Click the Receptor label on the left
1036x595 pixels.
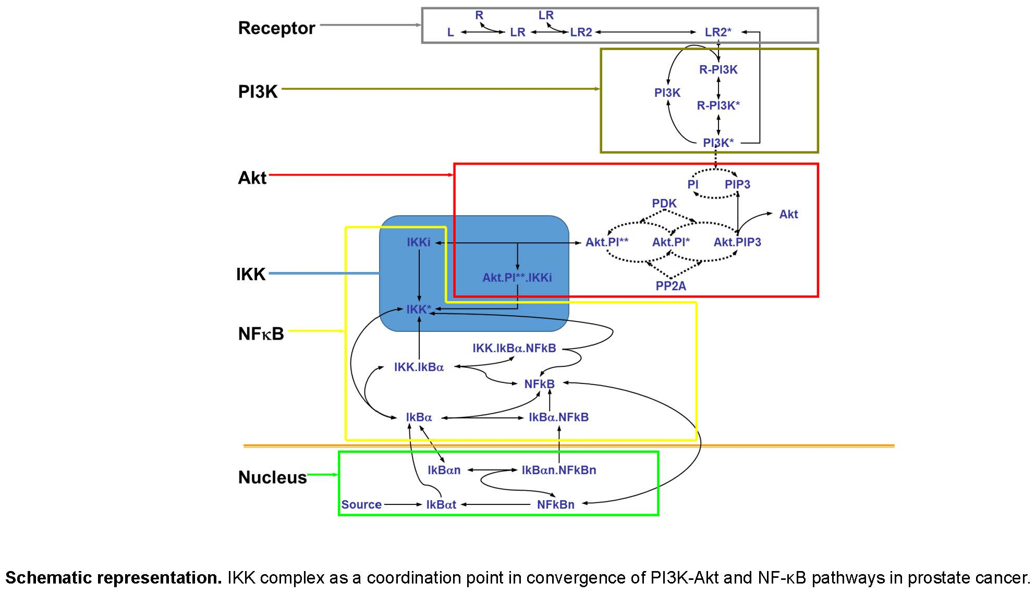point(276,28)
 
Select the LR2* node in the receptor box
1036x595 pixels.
point(717,32)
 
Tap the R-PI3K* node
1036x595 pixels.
point(718,105)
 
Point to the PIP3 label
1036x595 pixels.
point(737,184)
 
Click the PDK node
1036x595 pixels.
point(664,203)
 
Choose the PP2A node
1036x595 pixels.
point(671,286)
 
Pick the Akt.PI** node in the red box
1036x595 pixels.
point(606,242)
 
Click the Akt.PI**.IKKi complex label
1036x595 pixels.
point(517,278)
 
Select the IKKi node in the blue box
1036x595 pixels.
point(418,242)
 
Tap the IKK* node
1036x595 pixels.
point(418,309)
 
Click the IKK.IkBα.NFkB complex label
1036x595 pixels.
point(514,348)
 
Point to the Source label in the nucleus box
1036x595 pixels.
point(361,504)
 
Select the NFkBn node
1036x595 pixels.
point(555,504)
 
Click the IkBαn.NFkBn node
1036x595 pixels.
point(558,470)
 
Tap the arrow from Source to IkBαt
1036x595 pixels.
point(403,504)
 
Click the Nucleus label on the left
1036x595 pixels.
point(272,477)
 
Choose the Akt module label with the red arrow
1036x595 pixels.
point(252,178)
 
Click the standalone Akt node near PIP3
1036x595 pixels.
point(788,214)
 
